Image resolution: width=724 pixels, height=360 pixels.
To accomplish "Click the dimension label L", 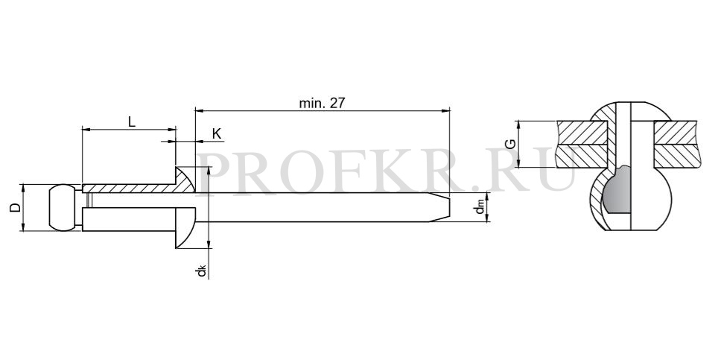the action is click(132, 122).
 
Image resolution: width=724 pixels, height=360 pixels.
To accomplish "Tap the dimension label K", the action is click(217, 134).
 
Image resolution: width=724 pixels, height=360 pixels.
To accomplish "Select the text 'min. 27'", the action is click(322, 104).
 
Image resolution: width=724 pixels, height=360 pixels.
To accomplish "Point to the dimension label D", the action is click(16, 207).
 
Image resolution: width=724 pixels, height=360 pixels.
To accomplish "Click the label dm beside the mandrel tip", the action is click(480, 208).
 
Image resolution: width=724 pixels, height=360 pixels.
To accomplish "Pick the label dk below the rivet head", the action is click(201, 271).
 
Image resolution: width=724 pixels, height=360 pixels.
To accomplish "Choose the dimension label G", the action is click(511, 144).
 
